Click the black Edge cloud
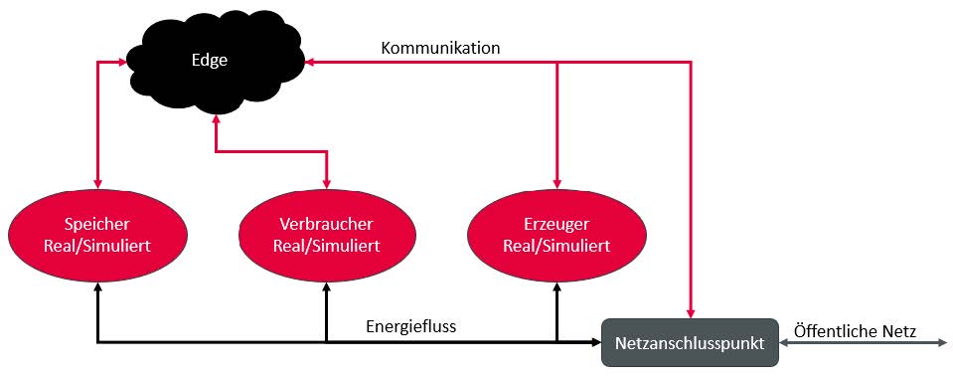coord(214,61)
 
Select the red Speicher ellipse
coord(97,236)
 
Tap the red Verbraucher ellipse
coord(327,236)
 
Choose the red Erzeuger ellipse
coord(557,236)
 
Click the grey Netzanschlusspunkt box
coord(690,342)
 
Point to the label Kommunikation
coord(440,48)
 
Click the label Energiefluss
coord(410,326)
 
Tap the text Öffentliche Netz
coord(856,331)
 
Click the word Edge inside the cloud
coord(210,61)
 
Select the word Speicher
coord(97,225)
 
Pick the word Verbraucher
coord(326,225)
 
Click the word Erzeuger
coord(556,225)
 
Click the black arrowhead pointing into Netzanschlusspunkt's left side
coord(596,342)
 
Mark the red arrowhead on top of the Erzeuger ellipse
coord(556,184)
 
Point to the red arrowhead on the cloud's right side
coord(310,62)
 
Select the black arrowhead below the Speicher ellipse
coord(97,287)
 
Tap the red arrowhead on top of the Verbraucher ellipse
coord(327,184)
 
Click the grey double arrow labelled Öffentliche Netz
coord(863,343)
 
